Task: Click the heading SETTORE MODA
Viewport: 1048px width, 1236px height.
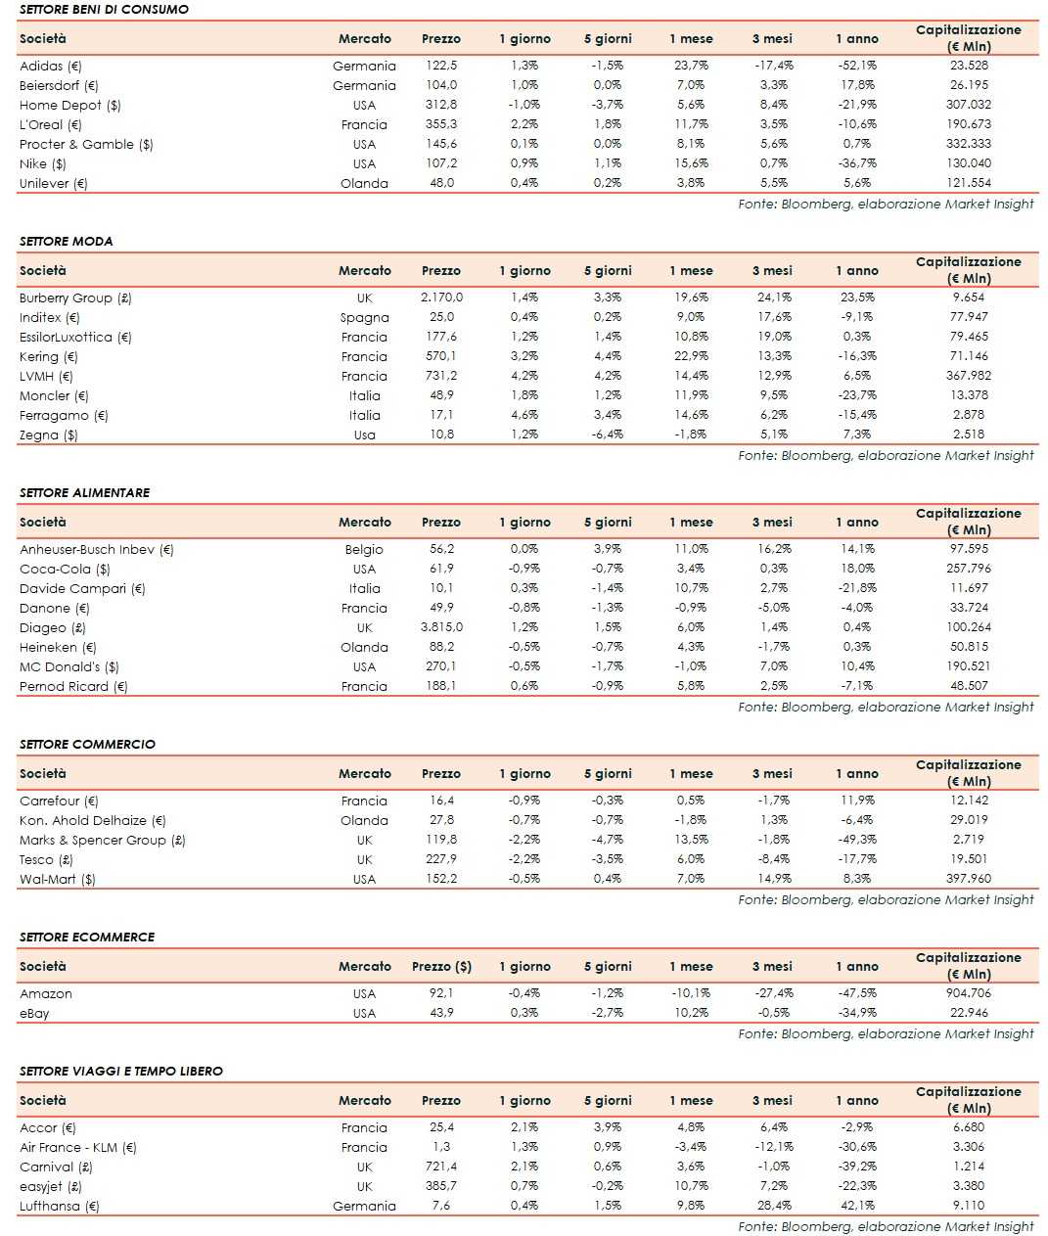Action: click(x=66, y=241)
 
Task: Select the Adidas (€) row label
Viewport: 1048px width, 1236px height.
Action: click(x=51, y=66)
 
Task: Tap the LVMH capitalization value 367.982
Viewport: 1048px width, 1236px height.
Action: click(x=969, y=376)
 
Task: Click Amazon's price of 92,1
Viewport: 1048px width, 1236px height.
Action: click(x=441, y=993)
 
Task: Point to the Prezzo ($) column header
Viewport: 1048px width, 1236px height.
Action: click(x=441, y=966)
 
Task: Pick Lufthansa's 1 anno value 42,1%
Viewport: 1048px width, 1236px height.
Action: click(x=857, y=1206)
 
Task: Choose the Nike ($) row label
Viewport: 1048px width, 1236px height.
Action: click(x=43, y=163)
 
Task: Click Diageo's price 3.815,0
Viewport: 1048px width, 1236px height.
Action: click(x=441, y=627)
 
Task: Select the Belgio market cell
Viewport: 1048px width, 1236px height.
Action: click(x=364, y=549)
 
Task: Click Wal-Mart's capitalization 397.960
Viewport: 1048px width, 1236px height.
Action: click(x=969, y=879)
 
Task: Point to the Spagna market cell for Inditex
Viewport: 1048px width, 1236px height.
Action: click(x=364, y=317)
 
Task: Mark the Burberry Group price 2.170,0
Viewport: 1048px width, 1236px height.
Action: click(x=441, y=298)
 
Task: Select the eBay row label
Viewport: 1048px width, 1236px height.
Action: click(x=34, y=1013)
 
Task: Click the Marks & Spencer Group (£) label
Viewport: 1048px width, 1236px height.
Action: click(x=102, y=840)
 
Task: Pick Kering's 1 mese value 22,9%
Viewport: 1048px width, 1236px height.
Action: click(x=691, y=356)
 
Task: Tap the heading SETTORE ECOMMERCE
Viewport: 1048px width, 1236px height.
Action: click(x=87, y=937)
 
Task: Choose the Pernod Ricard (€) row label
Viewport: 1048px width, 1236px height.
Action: click(x=73, y=686)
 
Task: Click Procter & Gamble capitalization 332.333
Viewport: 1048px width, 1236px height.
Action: click(x=969, y=144)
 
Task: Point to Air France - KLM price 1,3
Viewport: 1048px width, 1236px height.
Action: click(x=441, y=1147)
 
